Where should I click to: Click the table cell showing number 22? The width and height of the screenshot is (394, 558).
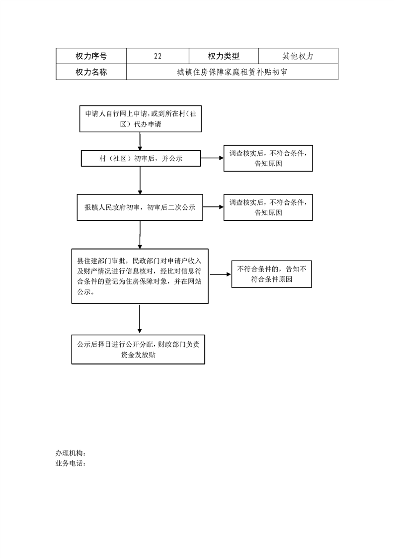[x=158, y=56]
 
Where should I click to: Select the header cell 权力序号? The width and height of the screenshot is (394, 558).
[x=91, y=56]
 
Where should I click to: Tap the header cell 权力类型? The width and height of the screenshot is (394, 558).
[x=224, y=56]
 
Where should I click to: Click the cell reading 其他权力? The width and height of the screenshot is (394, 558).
[x=298, y=56]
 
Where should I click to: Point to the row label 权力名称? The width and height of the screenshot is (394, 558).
[x=91, y=72]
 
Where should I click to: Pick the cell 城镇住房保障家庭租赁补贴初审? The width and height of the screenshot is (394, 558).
[x=232, y=72]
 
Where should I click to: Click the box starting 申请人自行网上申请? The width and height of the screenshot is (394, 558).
[x=141, y=119]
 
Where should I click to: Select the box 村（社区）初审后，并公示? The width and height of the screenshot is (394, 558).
[x=141, y=158]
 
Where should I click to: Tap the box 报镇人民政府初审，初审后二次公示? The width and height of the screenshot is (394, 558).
[x=140, y=207]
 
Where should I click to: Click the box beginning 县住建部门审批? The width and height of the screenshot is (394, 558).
[x=140, y=276]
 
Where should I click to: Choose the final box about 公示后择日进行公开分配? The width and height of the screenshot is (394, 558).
[x=138, y=350]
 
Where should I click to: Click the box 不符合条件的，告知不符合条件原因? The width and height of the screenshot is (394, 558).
[x=272, y=274]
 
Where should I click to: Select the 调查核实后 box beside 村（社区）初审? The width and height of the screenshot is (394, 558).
[x=268, y=158]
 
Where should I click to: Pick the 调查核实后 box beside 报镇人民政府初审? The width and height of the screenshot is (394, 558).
[x=268, y=207]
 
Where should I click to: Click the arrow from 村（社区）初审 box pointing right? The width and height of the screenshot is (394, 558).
[x=212, y=158]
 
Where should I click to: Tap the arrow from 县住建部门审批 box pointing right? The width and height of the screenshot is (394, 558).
[x=220, y=275]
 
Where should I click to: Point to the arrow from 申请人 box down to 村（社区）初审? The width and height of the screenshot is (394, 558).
[x=140, y=141]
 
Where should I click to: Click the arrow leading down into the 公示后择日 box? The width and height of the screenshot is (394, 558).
[x=140, y=319]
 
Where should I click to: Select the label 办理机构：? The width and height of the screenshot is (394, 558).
[x=71, y=454]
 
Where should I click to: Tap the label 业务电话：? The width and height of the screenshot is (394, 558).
[x=71, y=464]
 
